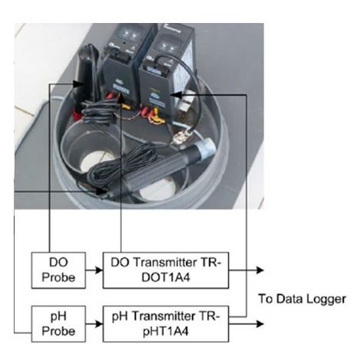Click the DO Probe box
[x=58, y=270]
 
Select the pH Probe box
[x=58, y=324]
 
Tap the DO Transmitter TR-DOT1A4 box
[x=165, y=270]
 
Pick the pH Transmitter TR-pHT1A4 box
[x=165, y=324]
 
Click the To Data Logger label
[x=302, y=299]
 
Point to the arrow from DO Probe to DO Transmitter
[x=94, y=270]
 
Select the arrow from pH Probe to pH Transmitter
[x=94, y=324]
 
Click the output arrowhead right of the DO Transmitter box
[x=260, y=270]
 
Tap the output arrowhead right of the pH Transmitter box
[x=260, y=324]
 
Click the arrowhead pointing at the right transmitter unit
[x=175, y=95]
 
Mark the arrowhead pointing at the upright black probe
[x=79, y=84]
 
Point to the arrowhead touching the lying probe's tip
[x=102, y=191]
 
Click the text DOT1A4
[x=165, y=278]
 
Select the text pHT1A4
[x=165, y=332]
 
